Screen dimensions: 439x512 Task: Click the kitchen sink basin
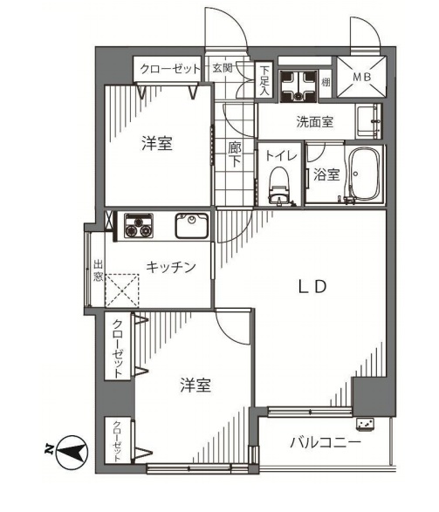[192, 226]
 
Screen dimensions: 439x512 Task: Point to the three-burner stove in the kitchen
[139, 225]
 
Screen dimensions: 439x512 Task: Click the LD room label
[312, 287]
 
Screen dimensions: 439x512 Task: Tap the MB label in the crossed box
[362, 77]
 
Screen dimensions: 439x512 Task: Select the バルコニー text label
[326, 443]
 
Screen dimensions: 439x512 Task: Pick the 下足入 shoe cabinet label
[264, 80]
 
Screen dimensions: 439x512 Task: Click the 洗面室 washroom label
[314, 121]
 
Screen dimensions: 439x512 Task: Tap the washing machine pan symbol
[298, 85]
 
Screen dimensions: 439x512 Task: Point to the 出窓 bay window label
[98, 270]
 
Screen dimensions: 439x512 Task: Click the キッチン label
[170, 267]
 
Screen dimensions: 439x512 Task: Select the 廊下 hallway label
[234, 154]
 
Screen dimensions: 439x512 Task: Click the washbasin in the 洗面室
[368, 122]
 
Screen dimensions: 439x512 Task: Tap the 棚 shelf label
[326, 82]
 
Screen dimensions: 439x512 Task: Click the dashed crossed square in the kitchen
[122, 290]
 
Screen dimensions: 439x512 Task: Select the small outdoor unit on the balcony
[366, 425]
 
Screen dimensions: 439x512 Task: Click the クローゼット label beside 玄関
[170, 69]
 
